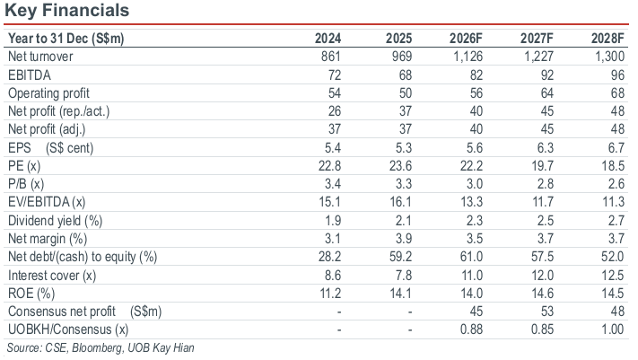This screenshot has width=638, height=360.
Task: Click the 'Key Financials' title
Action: [66, 10]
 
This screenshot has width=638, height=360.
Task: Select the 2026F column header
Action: [466, 39]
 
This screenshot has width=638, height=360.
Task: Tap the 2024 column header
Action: [328, 39]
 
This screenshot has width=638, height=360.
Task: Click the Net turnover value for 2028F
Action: [609, 57]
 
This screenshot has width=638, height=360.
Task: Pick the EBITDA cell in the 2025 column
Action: [402, 75]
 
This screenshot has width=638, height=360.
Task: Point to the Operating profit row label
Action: [48, 93]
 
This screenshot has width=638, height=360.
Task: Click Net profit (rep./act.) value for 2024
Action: [334, 111]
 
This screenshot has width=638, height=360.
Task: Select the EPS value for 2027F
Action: [546, 147]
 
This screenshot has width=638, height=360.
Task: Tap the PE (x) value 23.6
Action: [400, 166]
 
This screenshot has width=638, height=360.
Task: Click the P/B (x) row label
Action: [26, 184]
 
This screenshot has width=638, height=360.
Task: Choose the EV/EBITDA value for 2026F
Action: [471, 202]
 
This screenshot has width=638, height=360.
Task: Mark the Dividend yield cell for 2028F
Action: [616, 220]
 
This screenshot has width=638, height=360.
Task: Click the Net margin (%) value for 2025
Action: [404, 238]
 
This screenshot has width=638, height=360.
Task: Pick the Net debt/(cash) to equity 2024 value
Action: [329, 257]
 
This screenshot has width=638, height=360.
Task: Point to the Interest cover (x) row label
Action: [52, 276]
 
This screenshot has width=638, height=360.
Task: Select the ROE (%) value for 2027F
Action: [542, 294]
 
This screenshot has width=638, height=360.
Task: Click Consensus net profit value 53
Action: [546, 312]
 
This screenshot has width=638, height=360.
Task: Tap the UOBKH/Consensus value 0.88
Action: [471, 329]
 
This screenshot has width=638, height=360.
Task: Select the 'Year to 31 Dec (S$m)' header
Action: [66, 39]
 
